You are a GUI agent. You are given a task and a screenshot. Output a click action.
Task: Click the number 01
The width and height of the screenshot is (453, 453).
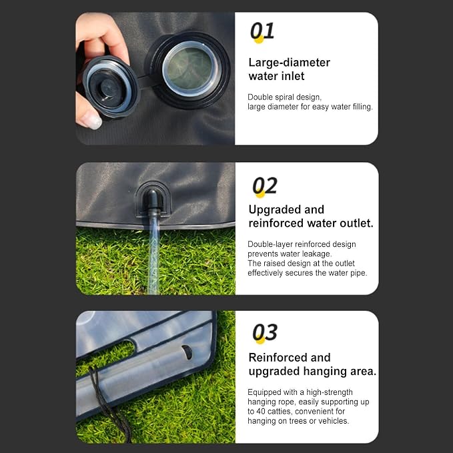coord(262,31)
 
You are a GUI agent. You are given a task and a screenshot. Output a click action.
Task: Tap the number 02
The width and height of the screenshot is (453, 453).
coord(265,185)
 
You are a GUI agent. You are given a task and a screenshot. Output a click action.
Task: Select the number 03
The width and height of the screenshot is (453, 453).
coord(265,332)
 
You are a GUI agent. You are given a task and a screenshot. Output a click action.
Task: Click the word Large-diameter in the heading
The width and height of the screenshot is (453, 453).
coord(289,63)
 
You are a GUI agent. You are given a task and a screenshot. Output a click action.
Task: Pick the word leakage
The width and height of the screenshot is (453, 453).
coord(317,254)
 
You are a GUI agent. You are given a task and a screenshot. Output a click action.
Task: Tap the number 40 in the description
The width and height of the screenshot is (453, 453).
coord(261,412)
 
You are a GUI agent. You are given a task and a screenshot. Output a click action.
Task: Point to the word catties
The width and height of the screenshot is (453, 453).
coord(280,412)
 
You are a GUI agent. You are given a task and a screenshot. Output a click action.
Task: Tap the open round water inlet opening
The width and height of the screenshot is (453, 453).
coord(190,69)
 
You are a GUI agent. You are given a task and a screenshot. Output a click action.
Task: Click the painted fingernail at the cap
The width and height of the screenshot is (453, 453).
coord(92,120)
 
